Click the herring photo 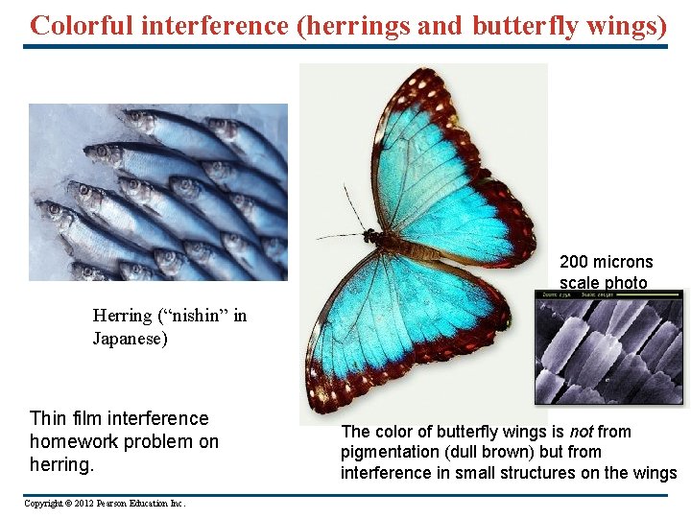point(157,192)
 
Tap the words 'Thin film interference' point(119,418)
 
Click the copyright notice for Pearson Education point(105,504)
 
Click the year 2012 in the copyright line point(82,504)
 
